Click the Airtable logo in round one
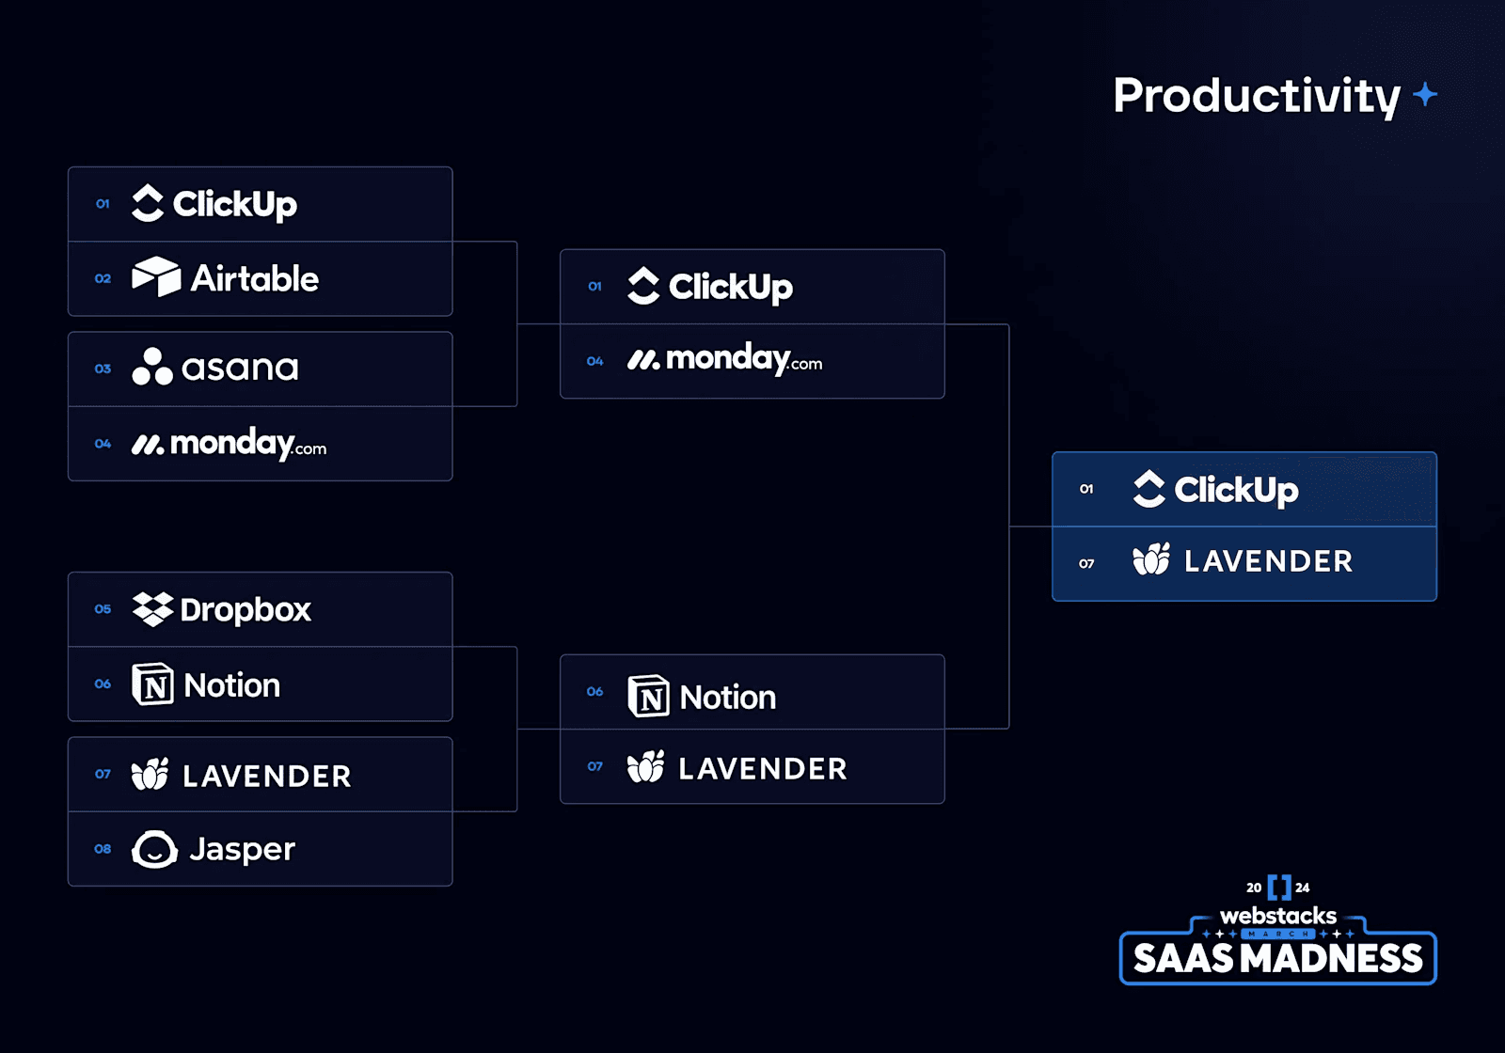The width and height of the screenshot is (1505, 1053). coord(156,277)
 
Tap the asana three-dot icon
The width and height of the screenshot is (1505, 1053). coord(152,367)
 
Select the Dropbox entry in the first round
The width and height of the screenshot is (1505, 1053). coord(223,609)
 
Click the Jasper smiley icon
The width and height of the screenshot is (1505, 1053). coord(154,850)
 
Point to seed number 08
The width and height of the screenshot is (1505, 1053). coord(103,849)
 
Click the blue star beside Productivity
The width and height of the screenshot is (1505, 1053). coord(1425,94)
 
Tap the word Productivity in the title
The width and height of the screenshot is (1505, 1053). coord(1257,96)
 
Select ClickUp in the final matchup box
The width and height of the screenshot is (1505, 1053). coord(1216,489)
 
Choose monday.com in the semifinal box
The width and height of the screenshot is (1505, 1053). coord(725,360)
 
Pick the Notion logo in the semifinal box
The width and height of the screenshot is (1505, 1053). coord(648,697)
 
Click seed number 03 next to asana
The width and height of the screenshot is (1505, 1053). coord(103,369)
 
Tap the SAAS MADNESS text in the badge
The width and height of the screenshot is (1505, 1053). coord(1277,959)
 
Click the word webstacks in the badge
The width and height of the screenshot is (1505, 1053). coord(1277,916)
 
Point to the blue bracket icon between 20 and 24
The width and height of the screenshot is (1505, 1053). coord(1278,887)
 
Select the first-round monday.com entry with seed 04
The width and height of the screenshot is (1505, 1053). coord(230,444)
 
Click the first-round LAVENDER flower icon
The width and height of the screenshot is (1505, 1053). coord(150,775)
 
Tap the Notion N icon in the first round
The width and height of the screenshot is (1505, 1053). coord(152,684)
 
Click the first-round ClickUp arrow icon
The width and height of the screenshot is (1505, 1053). coord(148,203)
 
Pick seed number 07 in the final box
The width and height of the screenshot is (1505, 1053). coord(1086,563)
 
